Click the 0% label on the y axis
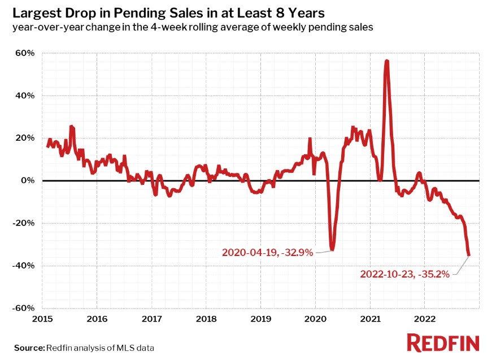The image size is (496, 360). point(28,181)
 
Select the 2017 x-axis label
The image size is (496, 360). point(152,319)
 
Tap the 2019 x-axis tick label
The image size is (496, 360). point(260,319)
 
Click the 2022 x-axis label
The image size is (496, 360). point(424,319)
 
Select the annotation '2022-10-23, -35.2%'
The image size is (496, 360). point(404,275)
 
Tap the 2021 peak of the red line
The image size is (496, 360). point(386,60)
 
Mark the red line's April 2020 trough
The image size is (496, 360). point(332,250)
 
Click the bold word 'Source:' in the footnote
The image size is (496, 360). point(29,348)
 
